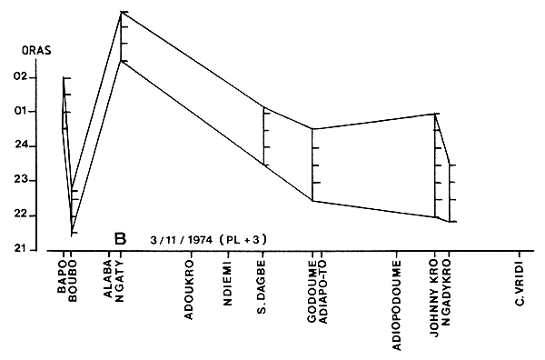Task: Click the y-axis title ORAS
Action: point(36,54)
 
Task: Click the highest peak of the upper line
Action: point(122,12)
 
